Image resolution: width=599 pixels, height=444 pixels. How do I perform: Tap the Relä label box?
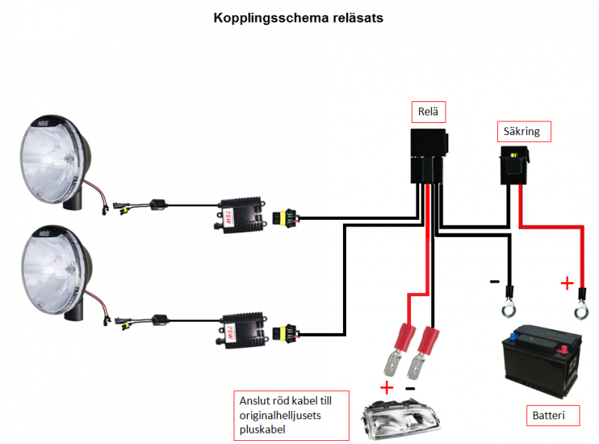pos(428,112)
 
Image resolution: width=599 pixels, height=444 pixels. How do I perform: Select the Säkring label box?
pos(524,132)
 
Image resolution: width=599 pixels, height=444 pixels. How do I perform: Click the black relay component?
pos(428,154)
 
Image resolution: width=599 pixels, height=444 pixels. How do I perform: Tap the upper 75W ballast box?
pos(242,215)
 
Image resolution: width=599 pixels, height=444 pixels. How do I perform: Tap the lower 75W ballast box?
pos(242,329)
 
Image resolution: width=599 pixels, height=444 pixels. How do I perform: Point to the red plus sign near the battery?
pos(567,283)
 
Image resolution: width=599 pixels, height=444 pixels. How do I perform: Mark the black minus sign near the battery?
pos(495,282)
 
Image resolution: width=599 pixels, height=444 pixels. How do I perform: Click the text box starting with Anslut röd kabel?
pos(291,414)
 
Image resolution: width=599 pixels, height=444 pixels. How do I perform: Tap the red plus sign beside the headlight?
pos(386,388)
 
